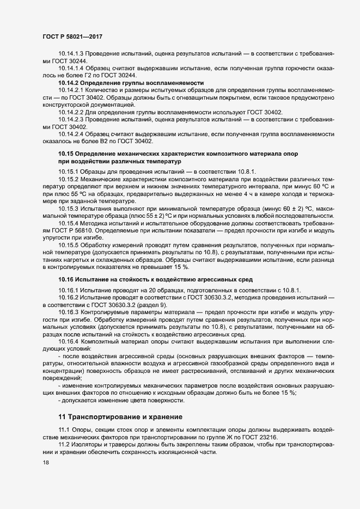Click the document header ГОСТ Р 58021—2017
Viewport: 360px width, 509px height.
tap(72, 36)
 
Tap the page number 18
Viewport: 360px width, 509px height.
tap(46, 462)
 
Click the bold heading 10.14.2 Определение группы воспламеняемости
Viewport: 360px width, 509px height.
tap(124, 83)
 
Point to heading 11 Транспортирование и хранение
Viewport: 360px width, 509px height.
tap(120, 418)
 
